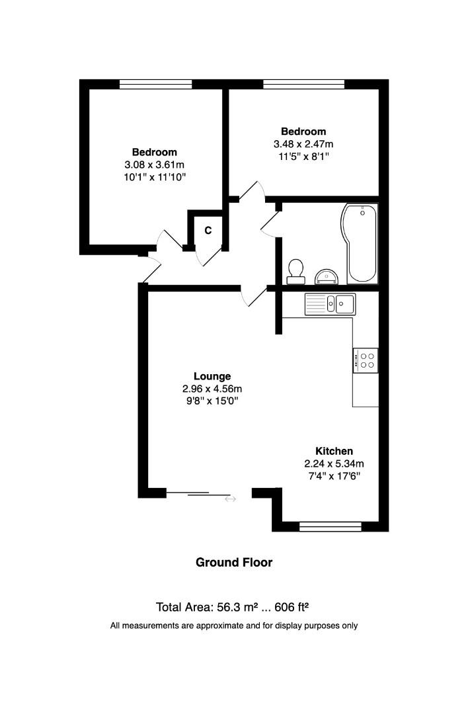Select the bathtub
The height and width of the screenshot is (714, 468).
pyautogui.click(x=360, y=243)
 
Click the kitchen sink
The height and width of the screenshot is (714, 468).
pyautogui.click(x=330, y=303)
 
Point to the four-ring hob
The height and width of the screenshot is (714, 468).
pyautogui.click(x=366, y=360)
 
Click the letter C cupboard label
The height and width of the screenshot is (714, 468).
pyautogui.click(x=208, y=230)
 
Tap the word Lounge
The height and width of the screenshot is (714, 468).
pyautogui.click(x=212, y=376)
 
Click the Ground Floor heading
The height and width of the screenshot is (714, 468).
pyautogui.click(x=234, y=563)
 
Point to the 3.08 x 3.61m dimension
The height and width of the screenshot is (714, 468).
pyautogui.click(x=154, y=165)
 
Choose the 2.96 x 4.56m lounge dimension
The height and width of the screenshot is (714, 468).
pyautogui.click(x=212, y=389)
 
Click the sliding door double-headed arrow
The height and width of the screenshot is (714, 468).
pyautogui.click(x=230, y=498)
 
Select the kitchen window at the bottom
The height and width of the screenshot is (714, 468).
pyautogui.click(x=330, y=526)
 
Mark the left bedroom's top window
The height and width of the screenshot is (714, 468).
pyautogui.click(x=155, y=84)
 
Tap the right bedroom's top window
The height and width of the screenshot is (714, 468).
pyautogui.click(x=303, y=84)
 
